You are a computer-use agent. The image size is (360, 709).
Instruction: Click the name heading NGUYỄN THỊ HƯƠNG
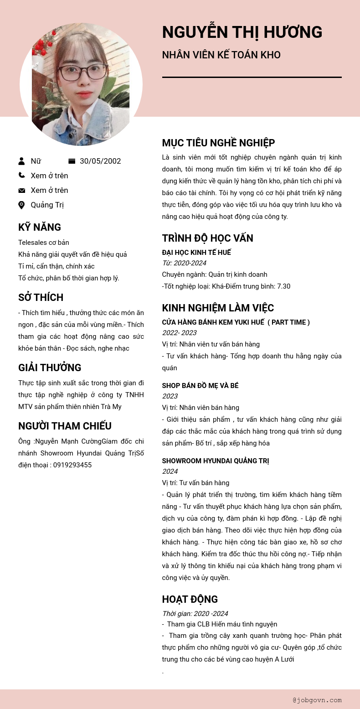[242, 32]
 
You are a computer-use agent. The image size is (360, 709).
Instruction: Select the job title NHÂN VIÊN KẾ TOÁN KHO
[221, 55]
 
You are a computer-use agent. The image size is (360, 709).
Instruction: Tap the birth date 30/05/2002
[100, 161]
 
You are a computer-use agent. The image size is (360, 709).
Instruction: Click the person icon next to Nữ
[21, 161]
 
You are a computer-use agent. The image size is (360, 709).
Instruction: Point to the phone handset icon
[21, 175]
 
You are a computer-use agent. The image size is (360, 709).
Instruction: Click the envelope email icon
[21, 190]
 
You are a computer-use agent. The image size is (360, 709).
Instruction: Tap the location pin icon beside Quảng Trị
[21, 205]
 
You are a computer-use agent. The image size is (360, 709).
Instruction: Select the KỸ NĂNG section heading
[40, 227]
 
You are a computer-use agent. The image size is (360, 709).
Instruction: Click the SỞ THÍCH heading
[41, 297]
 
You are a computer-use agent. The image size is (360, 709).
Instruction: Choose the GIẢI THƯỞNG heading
[50, 367]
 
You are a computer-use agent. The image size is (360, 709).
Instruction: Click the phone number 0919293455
[72, 465]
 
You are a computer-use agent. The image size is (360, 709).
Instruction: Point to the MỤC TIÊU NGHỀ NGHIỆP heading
[218, 143]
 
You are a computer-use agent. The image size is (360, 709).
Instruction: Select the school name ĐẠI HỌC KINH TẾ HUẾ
[196, 252]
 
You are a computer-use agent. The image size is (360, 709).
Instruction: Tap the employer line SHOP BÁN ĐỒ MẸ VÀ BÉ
[200, 386]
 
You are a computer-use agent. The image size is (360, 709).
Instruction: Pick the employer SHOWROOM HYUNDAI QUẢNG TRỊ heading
[216, 461]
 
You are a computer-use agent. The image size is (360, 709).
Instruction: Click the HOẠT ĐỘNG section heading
[190, 599]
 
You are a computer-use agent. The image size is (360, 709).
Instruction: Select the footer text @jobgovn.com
[317, 700]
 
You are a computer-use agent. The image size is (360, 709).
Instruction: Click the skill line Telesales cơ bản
[44, 242]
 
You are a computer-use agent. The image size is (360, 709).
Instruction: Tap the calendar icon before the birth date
[72, 161]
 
